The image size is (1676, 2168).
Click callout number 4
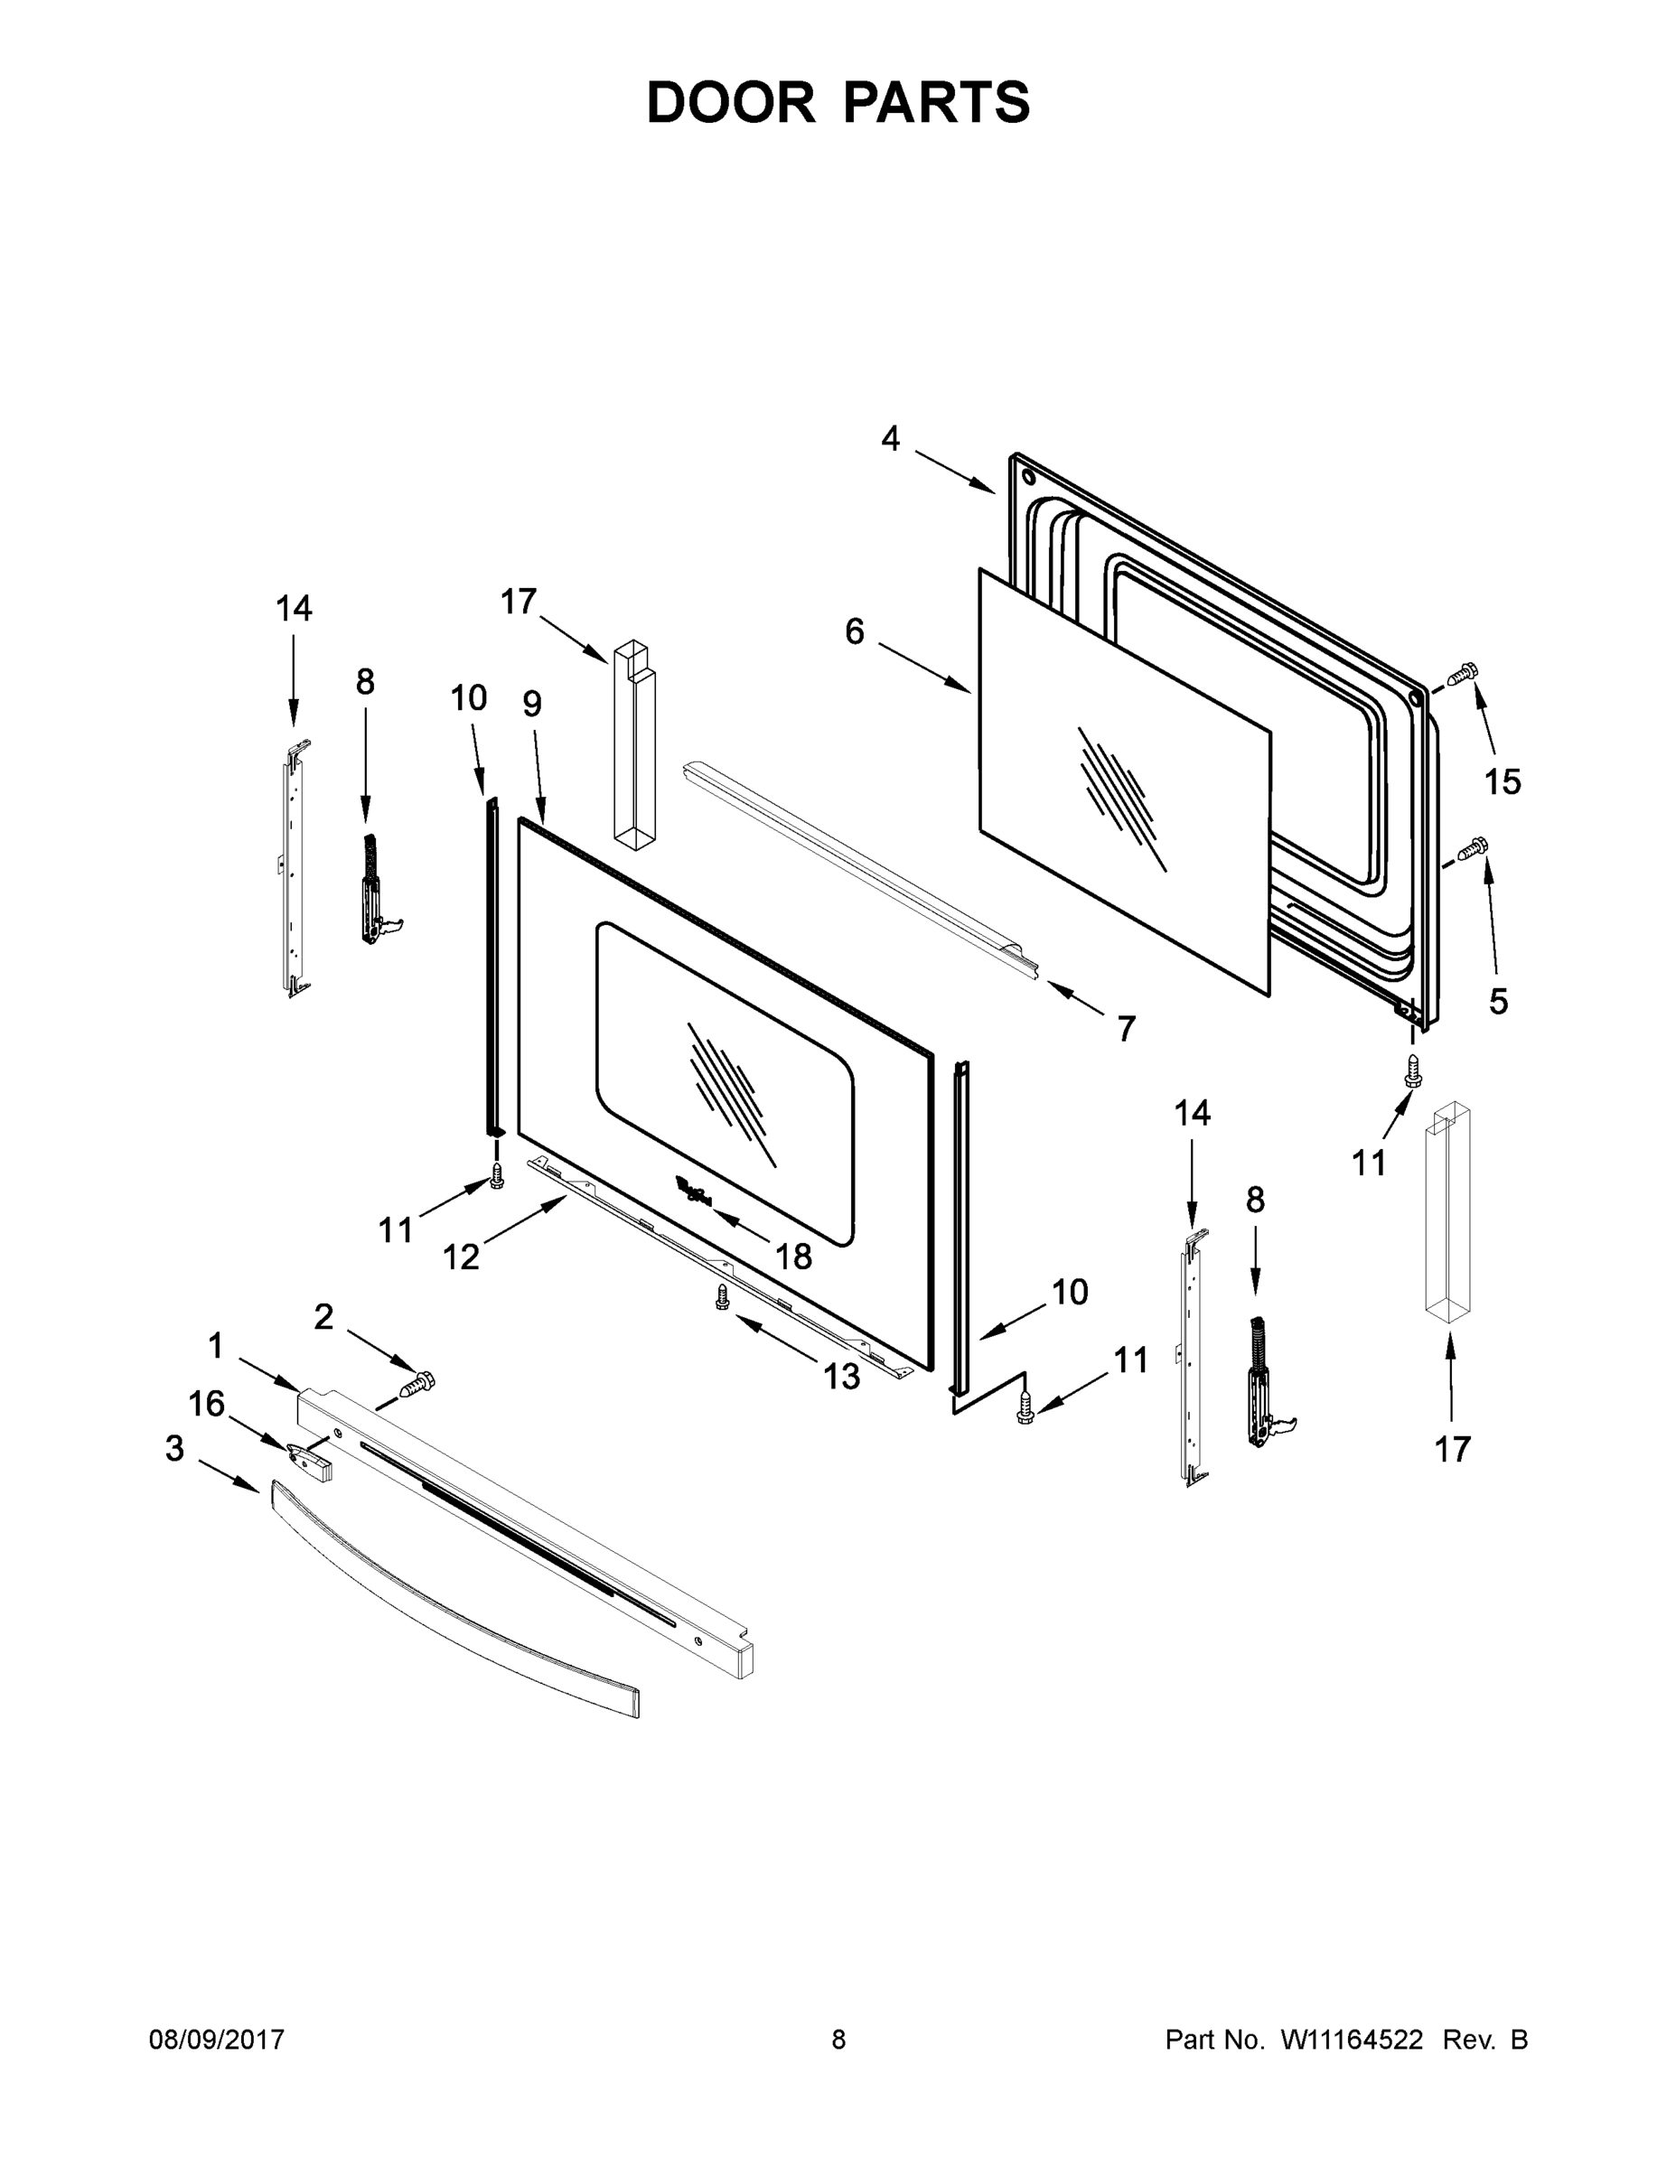tap(891, 438)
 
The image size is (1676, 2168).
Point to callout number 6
tap(855, 631)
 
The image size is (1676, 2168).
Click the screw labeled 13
tap(723, 1295)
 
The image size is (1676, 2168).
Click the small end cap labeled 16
tap(309, 1460)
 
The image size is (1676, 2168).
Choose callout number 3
tap(174, 1449)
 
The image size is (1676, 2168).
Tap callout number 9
tap(532, 704)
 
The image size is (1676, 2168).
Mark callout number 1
tap(215, 1346)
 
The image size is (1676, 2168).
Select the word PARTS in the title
tap(936, 102)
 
